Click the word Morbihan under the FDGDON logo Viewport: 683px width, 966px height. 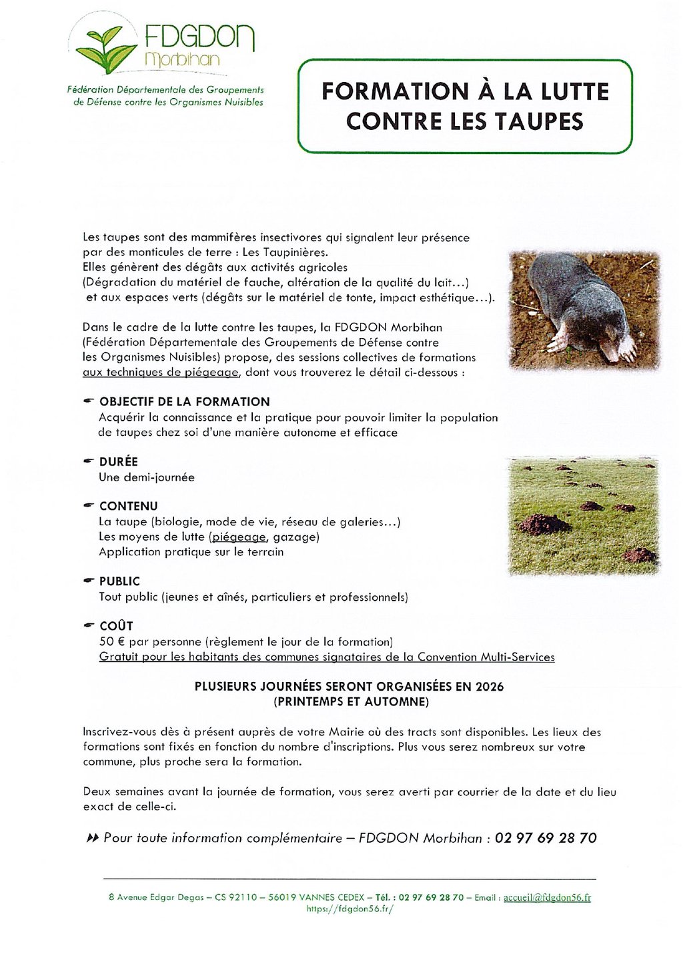click(x=181, y=59)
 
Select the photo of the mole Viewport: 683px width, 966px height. click(x=584, y=310)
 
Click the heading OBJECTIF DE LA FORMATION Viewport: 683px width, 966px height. click(x=184, y=402)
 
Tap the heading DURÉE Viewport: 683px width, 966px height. click(x=119, y=461)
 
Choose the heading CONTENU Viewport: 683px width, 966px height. click(x=128, y=506)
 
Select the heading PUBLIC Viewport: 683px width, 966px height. click(x=119, y=581)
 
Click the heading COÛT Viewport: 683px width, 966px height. click(x=116, y=626)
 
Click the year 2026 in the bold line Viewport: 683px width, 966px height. click(x=490, y=687)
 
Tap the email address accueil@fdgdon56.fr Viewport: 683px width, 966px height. click(x=547, y=897)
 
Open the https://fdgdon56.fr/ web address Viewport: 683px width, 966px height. click(x=350, y=909)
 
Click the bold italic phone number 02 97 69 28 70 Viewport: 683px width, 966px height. click(x=546, y=838)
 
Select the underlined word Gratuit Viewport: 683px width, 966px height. click(x=119, y=657)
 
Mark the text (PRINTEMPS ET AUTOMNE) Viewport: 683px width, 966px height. click(x=351, y=702)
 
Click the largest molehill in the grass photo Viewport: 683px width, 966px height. click(x=544, y=525)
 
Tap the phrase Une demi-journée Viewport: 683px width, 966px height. click(x=147, y=477)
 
